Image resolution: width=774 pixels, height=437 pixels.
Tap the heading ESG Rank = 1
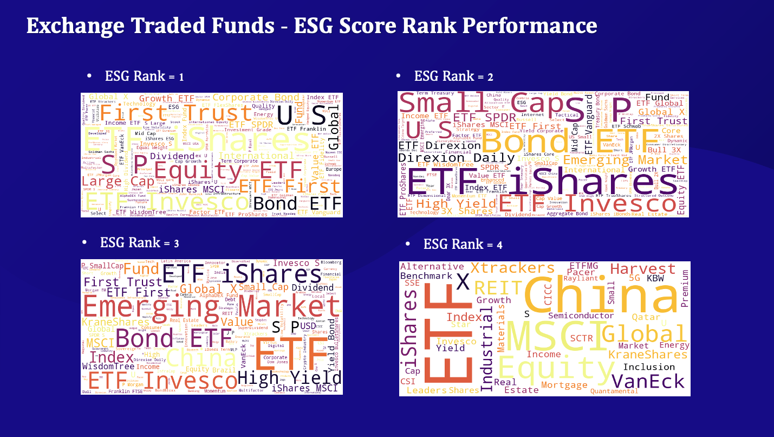coord(144,76)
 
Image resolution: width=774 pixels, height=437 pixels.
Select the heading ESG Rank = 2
coord(453,76)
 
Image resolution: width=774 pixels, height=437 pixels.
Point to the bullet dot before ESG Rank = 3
coord(84,242)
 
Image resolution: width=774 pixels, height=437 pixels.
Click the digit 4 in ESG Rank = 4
coord(499,245)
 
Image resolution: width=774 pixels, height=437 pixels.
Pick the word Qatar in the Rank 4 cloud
coord(646,317)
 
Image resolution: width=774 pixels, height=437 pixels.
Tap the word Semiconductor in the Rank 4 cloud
coord(581,316)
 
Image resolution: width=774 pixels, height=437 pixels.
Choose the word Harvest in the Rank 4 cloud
coord(643,269)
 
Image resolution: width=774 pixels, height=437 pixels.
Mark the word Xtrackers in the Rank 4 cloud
coord(512,268)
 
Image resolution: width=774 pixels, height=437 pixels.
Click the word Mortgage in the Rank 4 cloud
coord(564,385)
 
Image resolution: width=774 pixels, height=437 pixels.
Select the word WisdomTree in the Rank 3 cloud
coord(108,367)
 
